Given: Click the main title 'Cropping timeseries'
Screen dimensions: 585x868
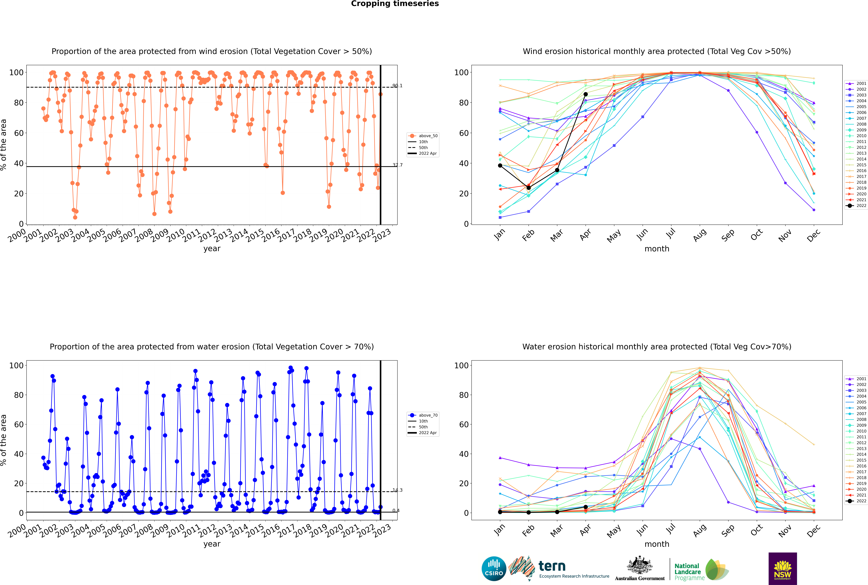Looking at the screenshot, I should click(395, 4).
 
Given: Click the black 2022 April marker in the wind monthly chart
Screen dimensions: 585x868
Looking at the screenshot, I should click(586, 94).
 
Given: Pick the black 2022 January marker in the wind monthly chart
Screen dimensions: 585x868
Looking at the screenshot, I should click(500, 165).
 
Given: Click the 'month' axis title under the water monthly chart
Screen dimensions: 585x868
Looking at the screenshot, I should click(657, 544).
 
